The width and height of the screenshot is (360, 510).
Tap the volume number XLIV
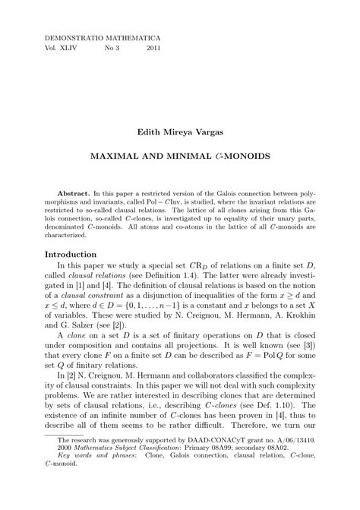[80, 47]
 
